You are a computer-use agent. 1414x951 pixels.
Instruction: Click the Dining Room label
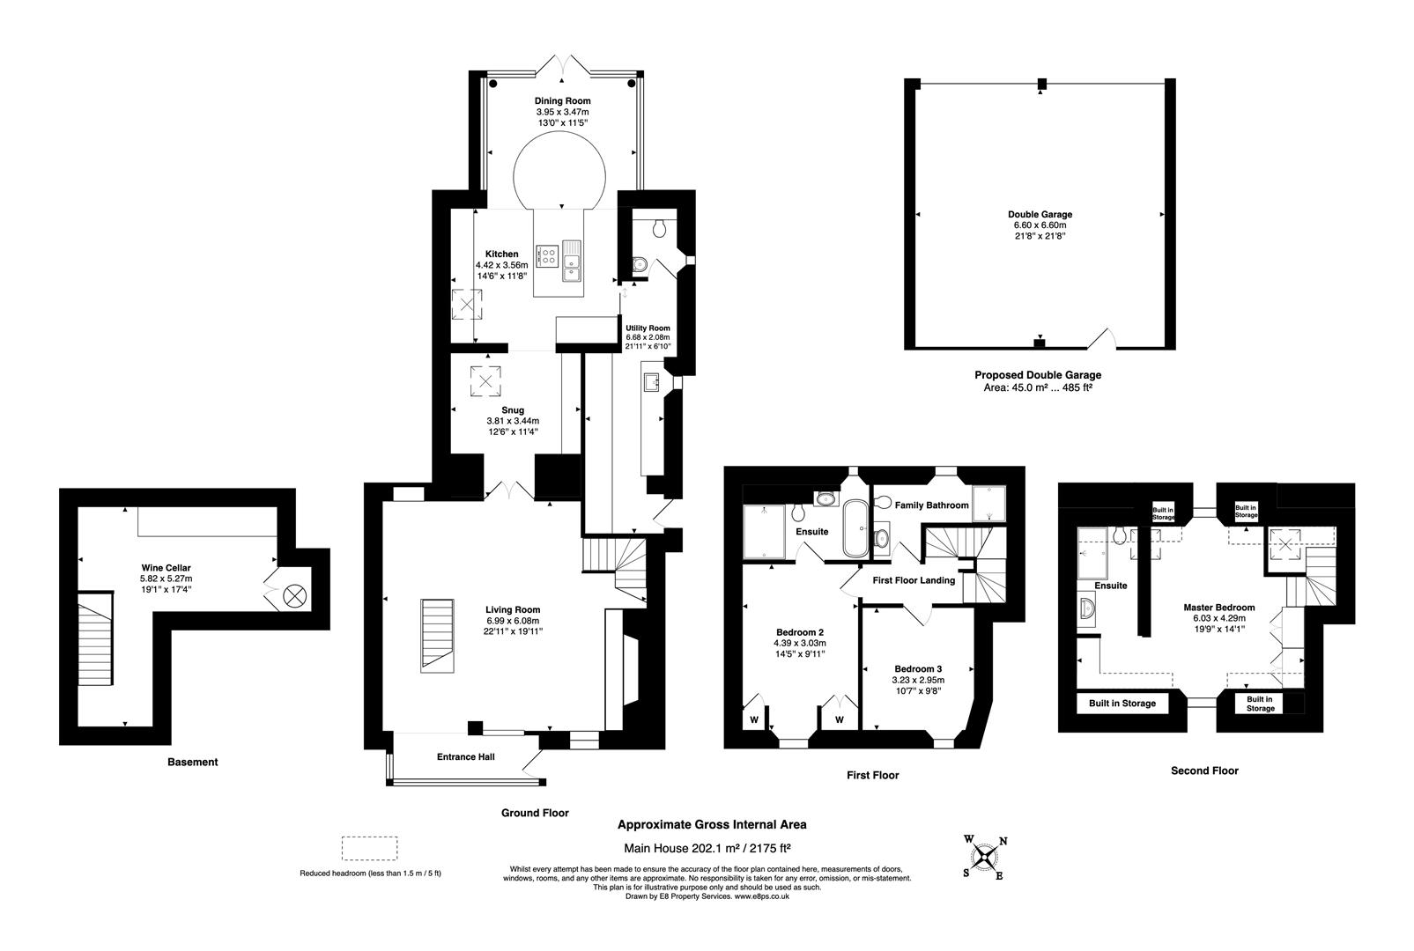(562, 101)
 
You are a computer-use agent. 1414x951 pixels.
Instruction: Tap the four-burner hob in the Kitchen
(548, 256)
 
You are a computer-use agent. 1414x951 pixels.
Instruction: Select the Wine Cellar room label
(166, 568)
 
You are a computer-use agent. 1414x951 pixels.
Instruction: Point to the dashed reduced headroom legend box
(369, 849)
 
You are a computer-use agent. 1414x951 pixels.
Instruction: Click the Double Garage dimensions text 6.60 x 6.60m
(1040, 225)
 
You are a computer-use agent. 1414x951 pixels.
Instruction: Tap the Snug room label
(512, 410)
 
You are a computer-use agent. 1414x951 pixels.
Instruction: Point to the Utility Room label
(648, 328)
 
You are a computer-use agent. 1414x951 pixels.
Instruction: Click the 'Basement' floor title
(192, 763)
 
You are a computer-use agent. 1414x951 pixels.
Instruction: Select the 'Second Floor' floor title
(1204, 770)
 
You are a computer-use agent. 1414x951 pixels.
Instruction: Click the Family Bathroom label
(931, 505)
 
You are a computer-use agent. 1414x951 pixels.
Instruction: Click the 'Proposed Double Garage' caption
(1037, 375)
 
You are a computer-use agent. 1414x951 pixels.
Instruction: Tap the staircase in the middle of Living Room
(437, 634)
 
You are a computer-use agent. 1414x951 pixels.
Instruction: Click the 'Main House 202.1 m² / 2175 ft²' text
(707, 850)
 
